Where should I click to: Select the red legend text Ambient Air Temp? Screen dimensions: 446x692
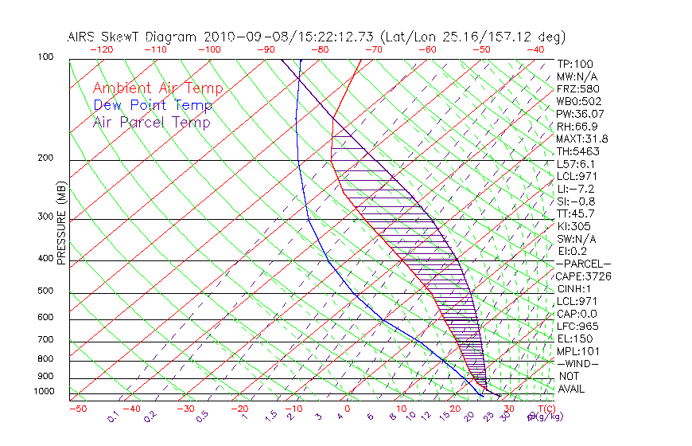(x=157, y=89)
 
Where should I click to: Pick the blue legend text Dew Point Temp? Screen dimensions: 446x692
(x=153, y=106)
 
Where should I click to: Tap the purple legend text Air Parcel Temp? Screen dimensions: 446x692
(x=151, y=123)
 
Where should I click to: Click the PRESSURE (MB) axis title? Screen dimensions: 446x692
(x=60, y=223)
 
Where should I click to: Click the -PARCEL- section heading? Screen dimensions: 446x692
(x=583, y=264)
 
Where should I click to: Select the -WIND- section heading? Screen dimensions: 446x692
(x=577, y=363)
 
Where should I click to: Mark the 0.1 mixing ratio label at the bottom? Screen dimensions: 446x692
(x=114, y=417)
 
